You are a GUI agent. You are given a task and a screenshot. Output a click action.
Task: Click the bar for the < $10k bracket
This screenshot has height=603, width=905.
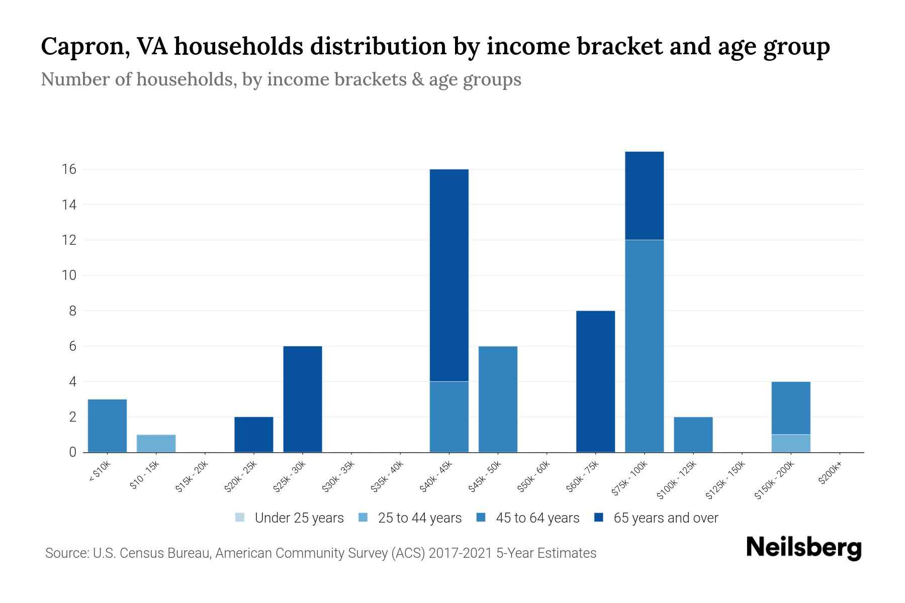click(x=107, y=426)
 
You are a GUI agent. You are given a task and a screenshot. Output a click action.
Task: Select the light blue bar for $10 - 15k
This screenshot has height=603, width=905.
click(x=156, y=443)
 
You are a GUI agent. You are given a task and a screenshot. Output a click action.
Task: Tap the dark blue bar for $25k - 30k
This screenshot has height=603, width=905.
click(x=303, y=399)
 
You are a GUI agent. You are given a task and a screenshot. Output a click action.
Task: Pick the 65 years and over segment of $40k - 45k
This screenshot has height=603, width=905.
click(x=449, y=275)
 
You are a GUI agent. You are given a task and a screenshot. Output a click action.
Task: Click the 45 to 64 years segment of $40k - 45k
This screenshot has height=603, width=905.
click(x=449, y=417)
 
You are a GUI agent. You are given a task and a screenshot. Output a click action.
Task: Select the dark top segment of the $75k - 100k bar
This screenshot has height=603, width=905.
click(x=644, y=196)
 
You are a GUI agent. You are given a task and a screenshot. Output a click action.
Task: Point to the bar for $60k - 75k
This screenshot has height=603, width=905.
click(x=595, y=381)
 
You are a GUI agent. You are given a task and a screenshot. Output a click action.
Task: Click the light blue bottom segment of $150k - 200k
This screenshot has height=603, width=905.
click(x=790, y=443)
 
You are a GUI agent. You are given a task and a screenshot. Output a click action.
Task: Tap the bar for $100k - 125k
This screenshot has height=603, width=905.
click(x=693, y=435)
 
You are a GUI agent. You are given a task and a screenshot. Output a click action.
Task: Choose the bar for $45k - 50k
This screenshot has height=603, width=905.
click(x=498, y=399)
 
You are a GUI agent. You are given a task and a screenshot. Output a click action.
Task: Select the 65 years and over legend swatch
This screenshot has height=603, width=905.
click(x=599, y=518)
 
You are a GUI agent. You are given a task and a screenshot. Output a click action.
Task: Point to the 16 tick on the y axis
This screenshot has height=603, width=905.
click(x=69, y=169)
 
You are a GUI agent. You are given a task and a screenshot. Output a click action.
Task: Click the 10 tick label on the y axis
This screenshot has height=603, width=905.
click(x=69, y=275)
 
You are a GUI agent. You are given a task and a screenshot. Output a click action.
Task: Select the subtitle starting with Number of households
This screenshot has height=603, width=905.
click(x=281, y=79)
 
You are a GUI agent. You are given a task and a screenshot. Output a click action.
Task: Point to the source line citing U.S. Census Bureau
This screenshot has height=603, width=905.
click(x=320, y=553)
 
